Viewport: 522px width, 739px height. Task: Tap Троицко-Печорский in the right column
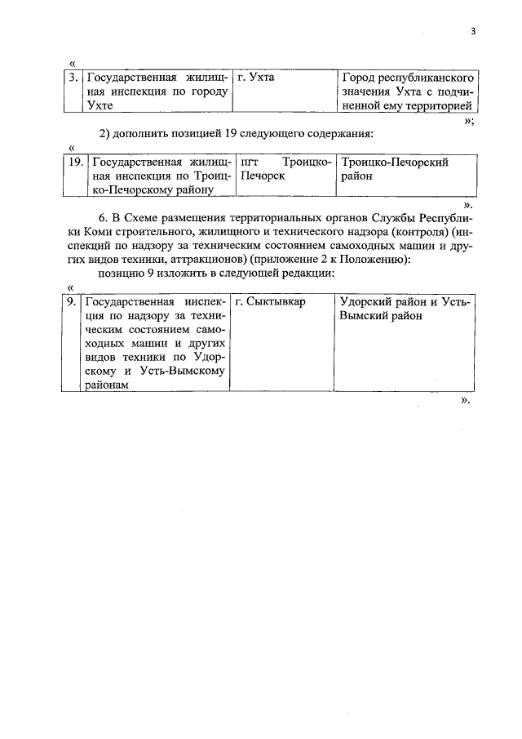click(396, 162)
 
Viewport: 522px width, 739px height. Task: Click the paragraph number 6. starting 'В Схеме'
click(103, 219)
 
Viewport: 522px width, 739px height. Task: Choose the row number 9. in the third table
click(73, 302)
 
